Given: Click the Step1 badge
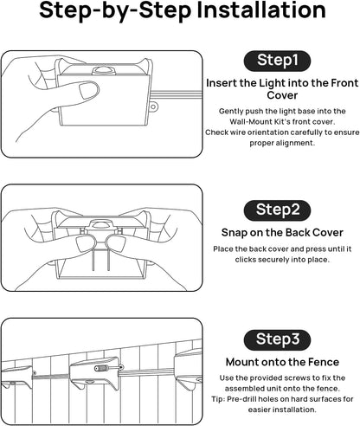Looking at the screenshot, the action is coord(277,61).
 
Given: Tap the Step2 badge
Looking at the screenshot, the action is coord(277,210).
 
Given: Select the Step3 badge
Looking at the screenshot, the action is coord(277,339).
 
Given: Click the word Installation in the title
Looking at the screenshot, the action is coord(261,10).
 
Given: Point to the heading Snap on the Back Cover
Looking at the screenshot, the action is coord(282,233).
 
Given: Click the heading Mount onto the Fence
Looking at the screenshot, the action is coord(282,362).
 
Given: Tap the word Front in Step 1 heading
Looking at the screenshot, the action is coord(344,83).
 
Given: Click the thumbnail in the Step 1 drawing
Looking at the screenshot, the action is coord(87,90).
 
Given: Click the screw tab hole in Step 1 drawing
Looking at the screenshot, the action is coord(153,107).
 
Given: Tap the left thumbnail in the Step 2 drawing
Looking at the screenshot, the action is coord(83,244).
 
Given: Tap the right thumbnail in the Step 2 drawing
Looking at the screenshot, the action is coord(115,244).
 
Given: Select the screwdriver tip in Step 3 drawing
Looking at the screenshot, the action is coord(121,367).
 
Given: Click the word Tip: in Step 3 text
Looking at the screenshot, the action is coord(217,399).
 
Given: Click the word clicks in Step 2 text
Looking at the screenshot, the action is coord(245,260).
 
